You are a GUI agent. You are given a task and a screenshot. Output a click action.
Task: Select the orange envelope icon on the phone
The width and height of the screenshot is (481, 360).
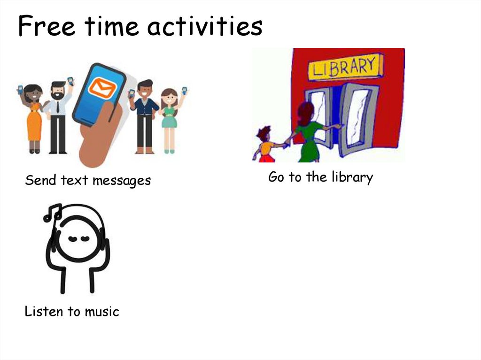pyautogui.click(x=102, y=88)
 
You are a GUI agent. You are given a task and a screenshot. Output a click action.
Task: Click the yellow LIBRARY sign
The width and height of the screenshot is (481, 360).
pyautogui.click(x=345, y=68)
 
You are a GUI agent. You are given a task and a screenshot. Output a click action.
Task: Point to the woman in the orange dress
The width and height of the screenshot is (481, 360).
pyautogui.click(x=33, y=117)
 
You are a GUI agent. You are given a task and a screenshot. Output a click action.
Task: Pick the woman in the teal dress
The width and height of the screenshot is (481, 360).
pyautogui.click(x=169, y=117)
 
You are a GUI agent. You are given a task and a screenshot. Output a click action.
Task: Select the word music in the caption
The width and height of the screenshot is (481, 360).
pyautogui.click(x=102, y=311)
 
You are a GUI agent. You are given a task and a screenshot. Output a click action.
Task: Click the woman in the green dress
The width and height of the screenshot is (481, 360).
pyautogui.click(x=308, y=134)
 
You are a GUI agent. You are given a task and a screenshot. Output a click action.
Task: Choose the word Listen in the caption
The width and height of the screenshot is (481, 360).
pyautogui.click(x=41, y=311)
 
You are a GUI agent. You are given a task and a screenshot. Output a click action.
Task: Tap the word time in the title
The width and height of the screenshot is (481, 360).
pyautogui.click(x=111, y=27)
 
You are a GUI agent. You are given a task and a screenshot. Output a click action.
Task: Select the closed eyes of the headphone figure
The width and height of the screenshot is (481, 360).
pyautogui.click(x=78, y=238)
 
